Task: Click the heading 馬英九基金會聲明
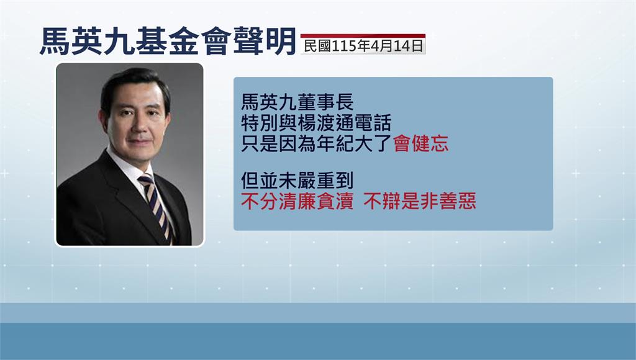point(168,42)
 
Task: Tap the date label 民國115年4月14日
point(363,46)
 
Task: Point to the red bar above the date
point(363,35)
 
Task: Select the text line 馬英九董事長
point(298,102)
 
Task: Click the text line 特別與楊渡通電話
point(316,123)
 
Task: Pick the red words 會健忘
point(421,143)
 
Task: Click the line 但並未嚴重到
point(298,181)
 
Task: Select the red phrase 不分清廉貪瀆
point(298,202)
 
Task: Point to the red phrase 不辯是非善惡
point(420,202)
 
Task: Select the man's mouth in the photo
point(140,142)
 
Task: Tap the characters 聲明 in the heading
point(265,42)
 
